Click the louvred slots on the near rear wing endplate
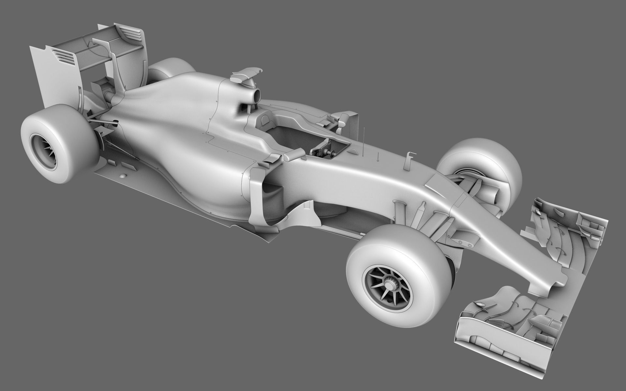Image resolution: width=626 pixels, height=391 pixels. point(64,55)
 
